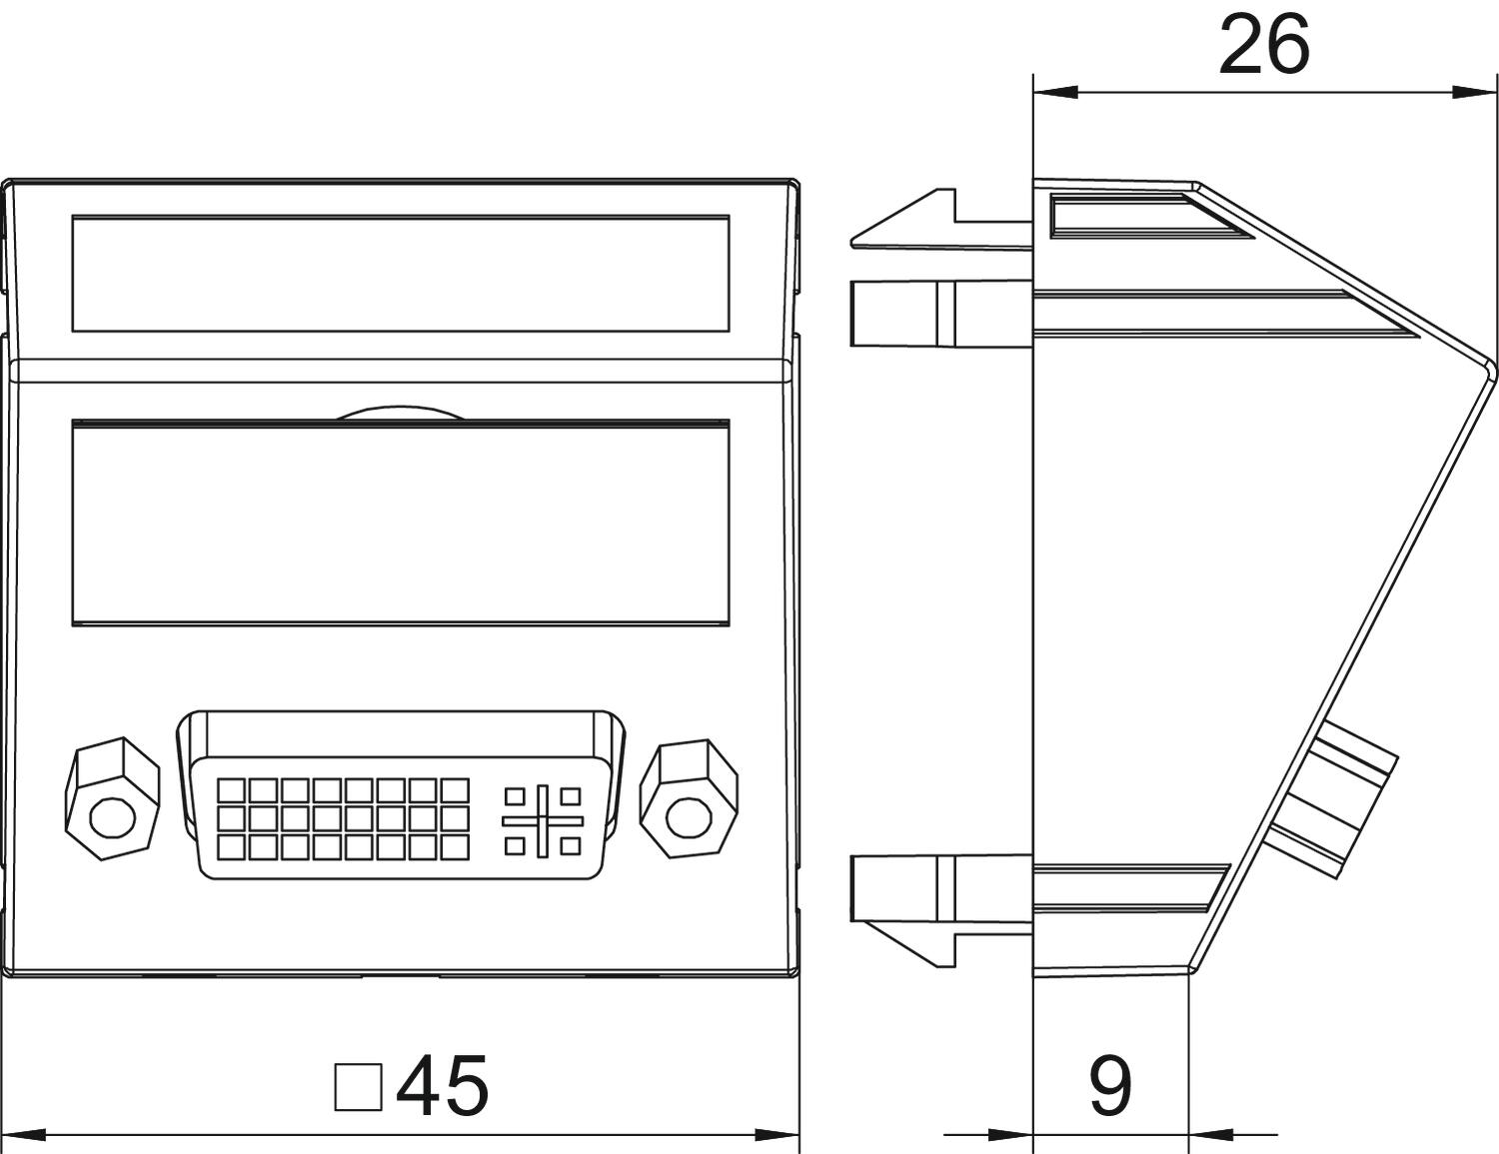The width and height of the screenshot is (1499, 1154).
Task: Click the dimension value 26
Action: pyautogui.click(x=1263, y=46)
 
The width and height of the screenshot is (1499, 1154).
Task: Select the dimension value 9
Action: pyautogui.click(x=1109, y=1086)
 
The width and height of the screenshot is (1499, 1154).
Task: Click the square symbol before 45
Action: pyautogui.click(x=358, y=1087)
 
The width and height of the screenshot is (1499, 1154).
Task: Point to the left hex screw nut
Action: pyautogui.click(x=111, y=798)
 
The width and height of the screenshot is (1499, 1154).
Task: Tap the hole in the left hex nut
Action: pyautogui.click(x=112, y=817)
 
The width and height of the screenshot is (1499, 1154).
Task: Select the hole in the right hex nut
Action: pyautogui.click(x=686, y=817)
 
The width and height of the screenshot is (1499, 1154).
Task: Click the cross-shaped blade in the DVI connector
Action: pyautogui.click(x=543, y=820)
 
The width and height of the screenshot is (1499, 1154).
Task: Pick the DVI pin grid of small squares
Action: pyautogui.click(x=342, y=819)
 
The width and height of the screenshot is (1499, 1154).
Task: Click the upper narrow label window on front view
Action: pyautogui.click(x=400, y=273)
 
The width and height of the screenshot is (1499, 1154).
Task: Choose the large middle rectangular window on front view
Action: pyautogui.click(x=400, y=524)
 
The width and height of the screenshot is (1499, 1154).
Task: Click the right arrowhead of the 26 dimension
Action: pyautogui.click(x=1475, y=93)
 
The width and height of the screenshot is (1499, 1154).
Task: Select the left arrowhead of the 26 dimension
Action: pyautogui.click(x=1055, y=93)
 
